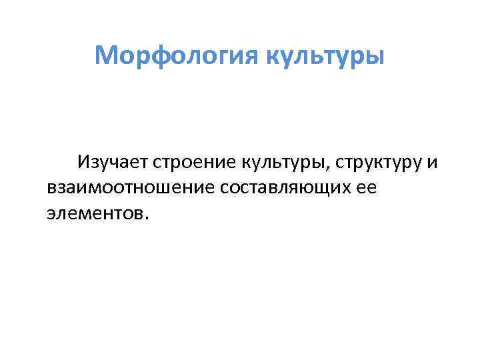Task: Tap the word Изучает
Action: coord(113,162)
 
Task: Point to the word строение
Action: coord(196,162)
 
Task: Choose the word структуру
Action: coord(379,162)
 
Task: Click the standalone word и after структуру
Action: coord(432,162)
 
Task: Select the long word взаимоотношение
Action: coord(128,187)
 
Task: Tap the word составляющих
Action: coord(281,187)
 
